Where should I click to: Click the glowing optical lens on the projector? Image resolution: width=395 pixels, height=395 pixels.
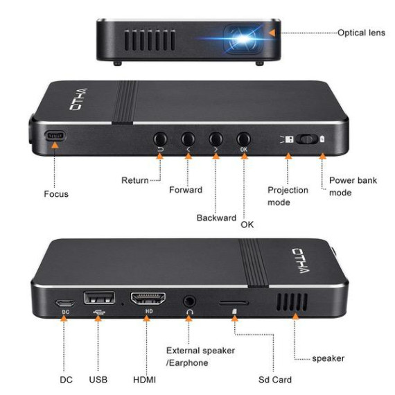[x=243, y=39]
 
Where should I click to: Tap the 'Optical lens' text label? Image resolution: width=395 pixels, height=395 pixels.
[x=361, y=33]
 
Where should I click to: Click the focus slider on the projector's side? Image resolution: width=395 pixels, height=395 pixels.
[x=55, y=136]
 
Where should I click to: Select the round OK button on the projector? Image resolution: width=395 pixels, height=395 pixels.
[x=244, y=139]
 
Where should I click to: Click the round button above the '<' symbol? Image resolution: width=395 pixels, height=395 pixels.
[x=188, y=139]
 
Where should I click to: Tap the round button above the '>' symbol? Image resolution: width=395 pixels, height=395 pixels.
[x=216, y=139]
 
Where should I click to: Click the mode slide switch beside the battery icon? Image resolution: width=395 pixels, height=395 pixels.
[x=306, y=139]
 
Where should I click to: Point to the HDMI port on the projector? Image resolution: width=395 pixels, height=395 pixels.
[x=148, y=299]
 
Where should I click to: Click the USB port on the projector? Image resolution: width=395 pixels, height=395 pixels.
[x=99, y=298]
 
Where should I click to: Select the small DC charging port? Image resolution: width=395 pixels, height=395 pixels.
[x=65, y=303]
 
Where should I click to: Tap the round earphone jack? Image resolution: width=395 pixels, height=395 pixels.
[x=189, y=301]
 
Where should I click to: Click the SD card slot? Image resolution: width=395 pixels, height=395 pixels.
[x=234, y=303]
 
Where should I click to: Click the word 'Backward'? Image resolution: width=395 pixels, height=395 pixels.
[x=216, y=218]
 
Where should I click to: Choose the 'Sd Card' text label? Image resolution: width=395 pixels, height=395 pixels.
[x=275, y=380]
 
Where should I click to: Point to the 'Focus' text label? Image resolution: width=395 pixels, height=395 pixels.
[x=56, y=194]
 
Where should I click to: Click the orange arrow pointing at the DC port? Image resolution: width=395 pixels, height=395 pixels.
[x=64, y=318]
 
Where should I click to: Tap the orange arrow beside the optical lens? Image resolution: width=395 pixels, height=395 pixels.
[x=272, y=33]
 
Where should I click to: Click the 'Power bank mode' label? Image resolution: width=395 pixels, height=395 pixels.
[x=353, y=186]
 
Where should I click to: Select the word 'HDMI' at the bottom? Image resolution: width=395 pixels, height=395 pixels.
[x=144, y=380]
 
